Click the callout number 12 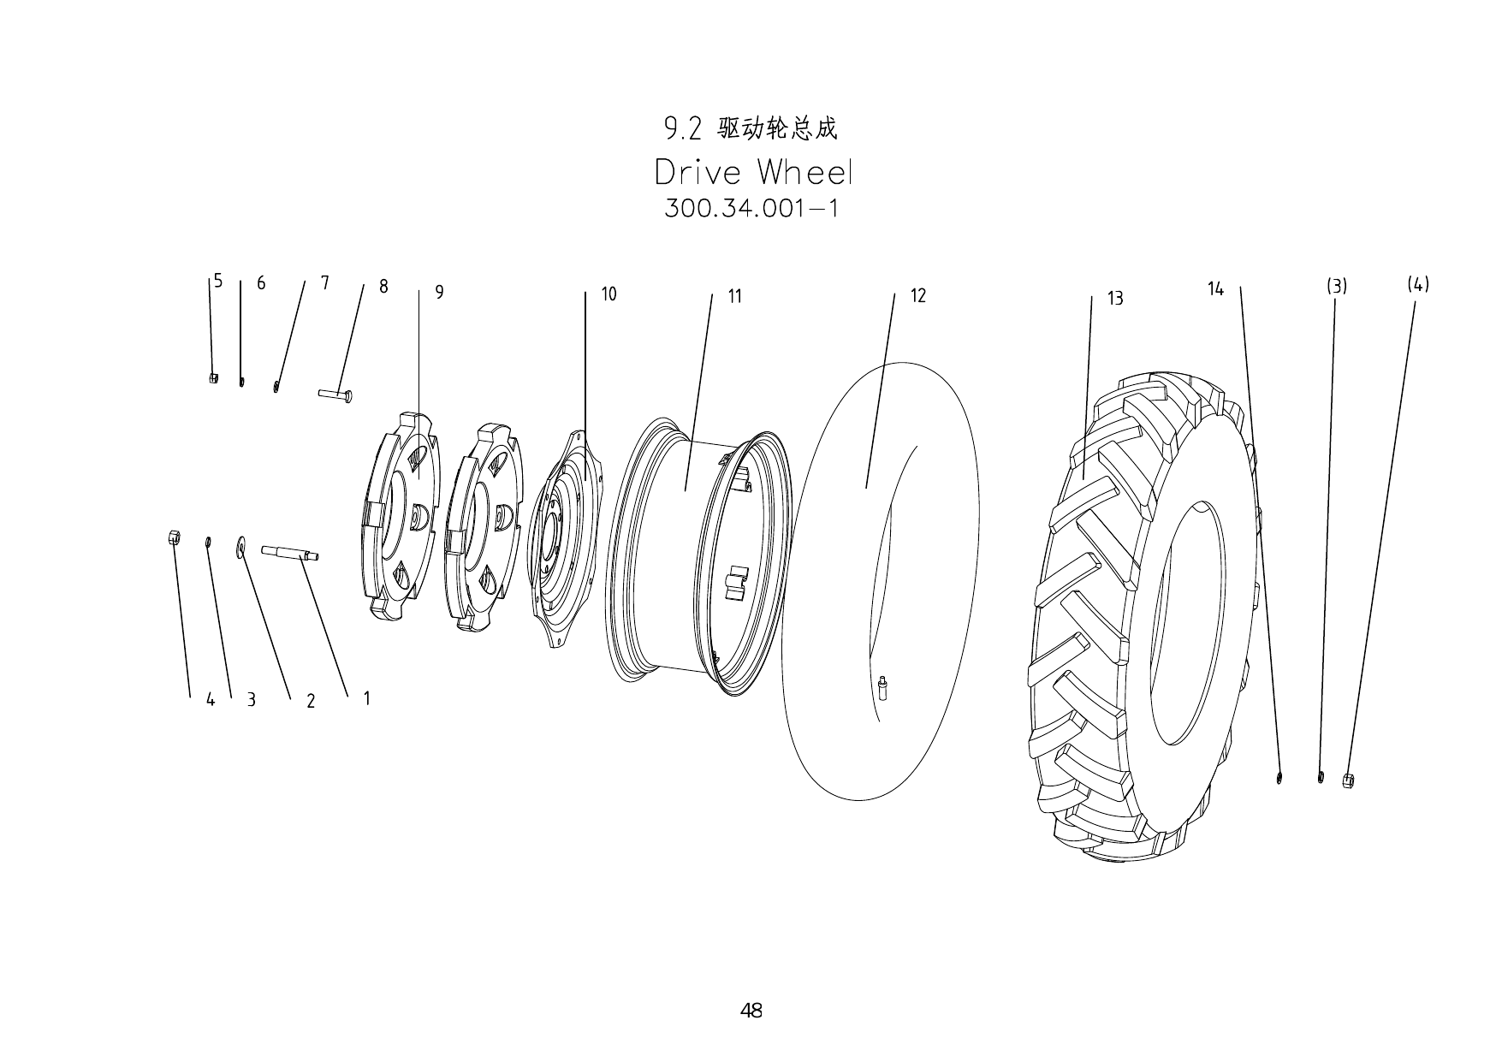917,296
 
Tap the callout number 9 439,293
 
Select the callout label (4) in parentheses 1418,284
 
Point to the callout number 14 1215,289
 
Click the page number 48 751,1011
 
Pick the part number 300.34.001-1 751,209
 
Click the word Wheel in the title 804,173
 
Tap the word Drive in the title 698,173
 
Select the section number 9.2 682,129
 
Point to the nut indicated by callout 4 172,537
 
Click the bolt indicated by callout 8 335,395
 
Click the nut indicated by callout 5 213,377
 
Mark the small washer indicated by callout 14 1279,778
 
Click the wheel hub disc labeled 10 565,539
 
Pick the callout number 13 1115,299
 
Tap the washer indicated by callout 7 276,386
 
